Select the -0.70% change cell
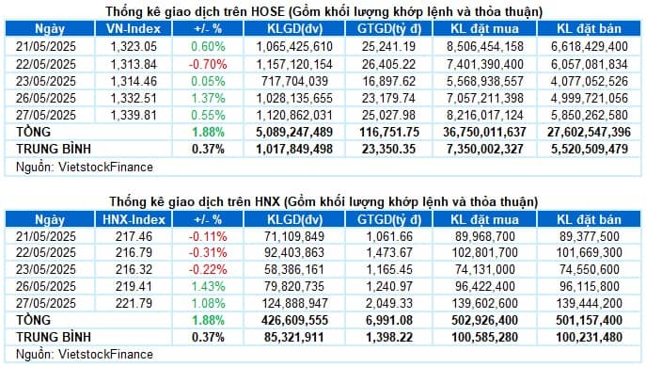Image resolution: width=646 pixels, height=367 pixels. pyautogui.click(x=196, y=63)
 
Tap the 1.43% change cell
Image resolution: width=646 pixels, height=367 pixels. pyautogui.click(x=196, y=286)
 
